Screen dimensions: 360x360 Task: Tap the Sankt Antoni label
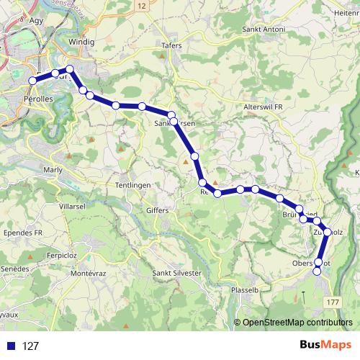pyautogui.click(x=264, y=30)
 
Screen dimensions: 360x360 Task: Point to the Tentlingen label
pyautogui.click(x=132, y=185)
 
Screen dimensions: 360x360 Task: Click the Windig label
pyautogui.click(x=81, y=42)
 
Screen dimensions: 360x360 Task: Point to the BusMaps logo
pyautogui.click(x=323, y=346)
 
